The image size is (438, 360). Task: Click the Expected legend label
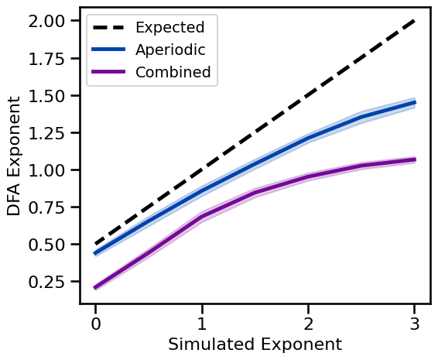tap(169, 28)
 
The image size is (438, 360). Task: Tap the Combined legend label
tap(173, 73)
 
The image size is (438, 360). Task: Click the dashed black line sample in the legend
tap(108, 28)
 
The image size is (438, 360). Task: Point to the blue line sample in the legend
tap(108, 50)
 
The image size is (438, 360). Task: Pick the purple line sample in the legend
tap(108, 73)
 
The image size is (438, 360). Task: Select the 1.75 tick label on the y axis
tap(49, 59)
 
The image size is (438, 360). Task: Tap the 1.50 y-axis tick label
tap(49, 96)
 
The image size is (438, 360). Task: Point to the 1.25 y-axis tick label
tap(49, 133)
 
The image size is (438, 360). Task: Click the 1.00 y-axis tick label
tap(49, 170)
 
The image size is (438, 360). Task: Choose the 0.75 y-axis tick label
tap(49, 207)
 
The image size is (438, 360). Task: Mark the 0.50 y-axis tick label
tap(49, 245)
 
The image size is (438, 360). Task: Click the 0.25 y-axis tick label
tap(49, 282)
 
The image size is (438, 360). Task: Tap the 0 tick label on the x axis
tap(95, 321)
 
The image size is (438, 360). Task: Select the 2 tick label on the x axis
tap(309, 321)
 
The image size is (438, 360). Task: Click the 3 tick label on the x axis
tap(416, 321)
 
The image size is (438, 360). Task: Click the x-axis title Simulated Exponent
tap(255, 344)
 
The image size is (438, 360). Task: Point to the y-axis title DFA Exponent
tap(15, 156)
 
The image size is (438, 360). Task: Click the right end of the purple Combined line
tap(416, 159)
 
